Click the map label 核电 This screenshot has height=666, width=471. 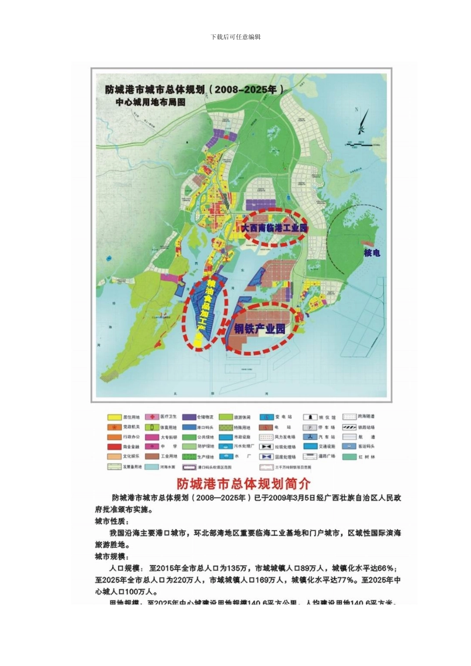point(372,253)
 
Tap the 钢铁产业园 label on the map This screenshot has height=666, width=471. point(260,329)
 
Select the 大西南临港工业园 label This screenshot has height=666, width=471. point(274,228)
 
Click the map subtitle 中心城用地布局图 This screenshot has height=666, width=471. point(150,102)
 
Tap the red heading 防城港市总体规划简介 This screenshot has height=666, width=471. point(243,483)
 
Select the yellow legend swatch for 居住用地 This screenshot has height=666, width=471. point(115,417)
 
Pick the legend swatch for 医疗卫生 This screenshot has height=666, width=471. point(152,417)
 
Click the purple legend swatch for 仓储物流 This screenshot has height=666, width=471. point(189,417)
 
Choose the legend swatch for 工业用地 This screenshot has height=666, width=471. point(152,456)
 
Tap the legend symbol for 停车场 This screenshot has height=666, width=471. point(310,427)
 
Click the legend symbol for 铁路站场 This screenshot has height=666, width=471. point(350,427)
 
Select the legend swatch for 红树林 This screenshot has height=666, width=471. point(350,456)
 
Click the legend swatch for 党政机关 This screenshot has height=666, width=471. point(115,427)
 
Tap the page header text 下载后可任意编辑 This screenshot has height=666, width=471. point(235,37)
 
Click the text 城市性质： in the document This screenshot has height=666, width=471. point(112,521)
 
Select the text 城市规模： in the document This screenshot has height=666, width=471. point(112,556)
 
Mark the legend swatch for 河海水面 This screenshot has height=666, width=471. point(152,467)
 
